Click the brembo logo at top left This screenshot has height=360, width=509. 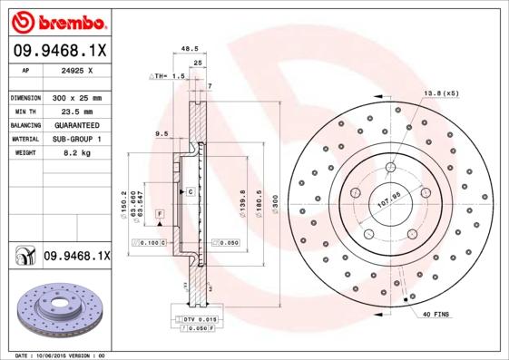pos(56,21)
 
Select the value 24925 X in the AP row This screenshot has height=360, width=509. pos(76,69)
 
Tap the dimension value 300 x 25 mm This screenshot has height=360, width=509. pos(76,97)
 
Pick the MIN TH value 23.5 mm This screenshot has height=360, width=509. pos(76,111)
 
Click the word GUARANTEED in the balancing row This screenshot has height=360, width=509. pos(76,125)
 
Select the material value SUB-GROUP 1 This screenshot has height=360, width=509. pos(76,140)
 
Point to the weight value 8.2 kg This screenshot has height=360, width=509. pos(76,154)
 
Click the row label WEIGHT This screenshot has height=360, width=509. pos(24,154)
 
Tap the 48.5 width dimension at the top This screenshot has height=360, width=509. pos(190,51)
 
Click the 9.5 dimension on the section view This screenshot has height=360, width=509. pos(162,133)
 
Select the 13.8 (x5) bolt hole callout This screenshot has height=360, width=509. pos(441,93)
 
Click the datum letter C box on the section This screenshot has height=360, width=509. pos(191,192)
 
